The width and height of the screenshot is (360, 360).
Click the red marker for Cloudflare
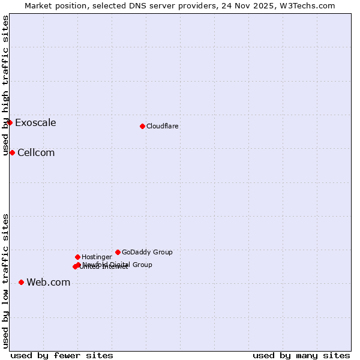(142, 126)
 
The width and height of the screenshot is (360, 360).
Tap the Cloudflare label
(162, 126)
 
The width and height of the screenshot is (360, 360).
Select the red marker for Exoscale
(10, 122)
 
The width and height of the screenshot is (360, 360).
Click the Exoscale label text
(35, 123)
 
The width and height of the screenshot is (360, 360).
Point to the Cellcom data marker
(12, 152)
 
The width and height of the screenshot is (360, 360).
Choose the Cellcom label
(36, 153)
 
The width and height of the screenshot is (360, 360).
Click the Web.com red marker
(21, 282)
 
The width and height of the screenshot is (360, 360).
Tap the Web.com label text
(48, 283)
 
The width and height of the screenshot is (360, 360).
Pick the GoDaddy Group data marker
(118, 252)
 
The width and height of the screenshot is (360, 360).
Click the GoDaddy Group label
(147, 252)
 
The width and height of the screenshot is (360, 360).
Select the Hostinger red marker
(77, 257)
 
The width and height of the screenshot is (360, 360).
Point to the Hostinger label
(97, 257)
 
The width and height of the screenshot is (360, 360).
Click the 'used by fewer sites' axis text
(62, 355)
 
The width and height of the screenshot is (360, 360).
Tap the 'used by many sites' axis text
(301, 355)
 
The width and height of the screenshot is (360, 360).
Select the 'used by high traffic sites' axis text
(5, 85)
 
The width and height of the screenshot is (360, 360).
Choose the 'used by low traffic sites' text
(5, 281)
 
